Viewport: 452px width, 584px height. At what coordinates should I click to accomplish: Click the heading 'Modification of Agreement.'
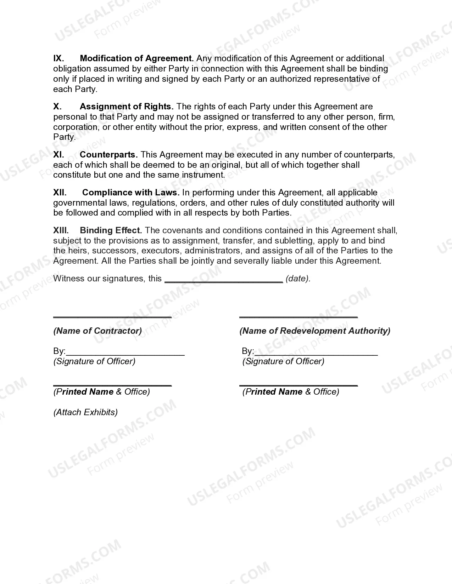point(137,58)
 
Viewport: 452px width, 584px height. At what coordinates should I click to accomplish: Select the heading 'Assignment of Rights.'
point(127,107)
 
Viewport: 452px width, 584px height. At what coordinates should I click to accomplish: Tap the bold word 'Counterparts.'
point(109,155)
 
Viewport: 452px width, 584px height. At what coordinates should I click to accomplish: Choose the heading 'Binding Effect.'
point(111,230)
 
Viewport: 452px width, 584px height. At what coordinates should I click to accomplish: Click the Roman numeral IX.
point(58,58)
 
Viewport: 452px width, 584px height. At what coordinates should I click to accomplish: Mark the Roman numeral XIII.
point(61,230)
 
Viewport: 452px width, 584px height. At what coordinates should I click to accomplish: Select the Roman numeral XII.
point(60,193)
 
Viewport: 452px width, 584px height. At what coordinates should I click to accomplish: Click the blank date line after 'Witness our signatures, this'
point(224,280)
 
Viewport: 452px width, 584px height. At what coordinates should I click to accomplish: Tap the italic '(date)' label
point(298,279)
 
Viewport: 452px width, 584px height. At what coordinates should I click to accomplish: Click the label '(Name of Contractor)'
point(97,331)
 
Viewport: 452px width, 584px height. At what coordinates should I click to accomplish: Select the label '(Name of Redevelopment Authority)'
point(315,331)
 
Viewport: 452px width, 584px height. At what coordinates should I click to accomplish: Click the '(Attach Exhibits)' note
point(85,412)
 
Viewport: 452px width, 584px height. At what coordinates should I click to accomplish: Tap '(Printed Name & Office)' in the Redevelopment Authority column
point(291,392)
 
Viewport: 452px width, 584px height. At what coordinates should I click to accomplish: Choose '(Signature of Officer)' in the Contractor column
point(94,361)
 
